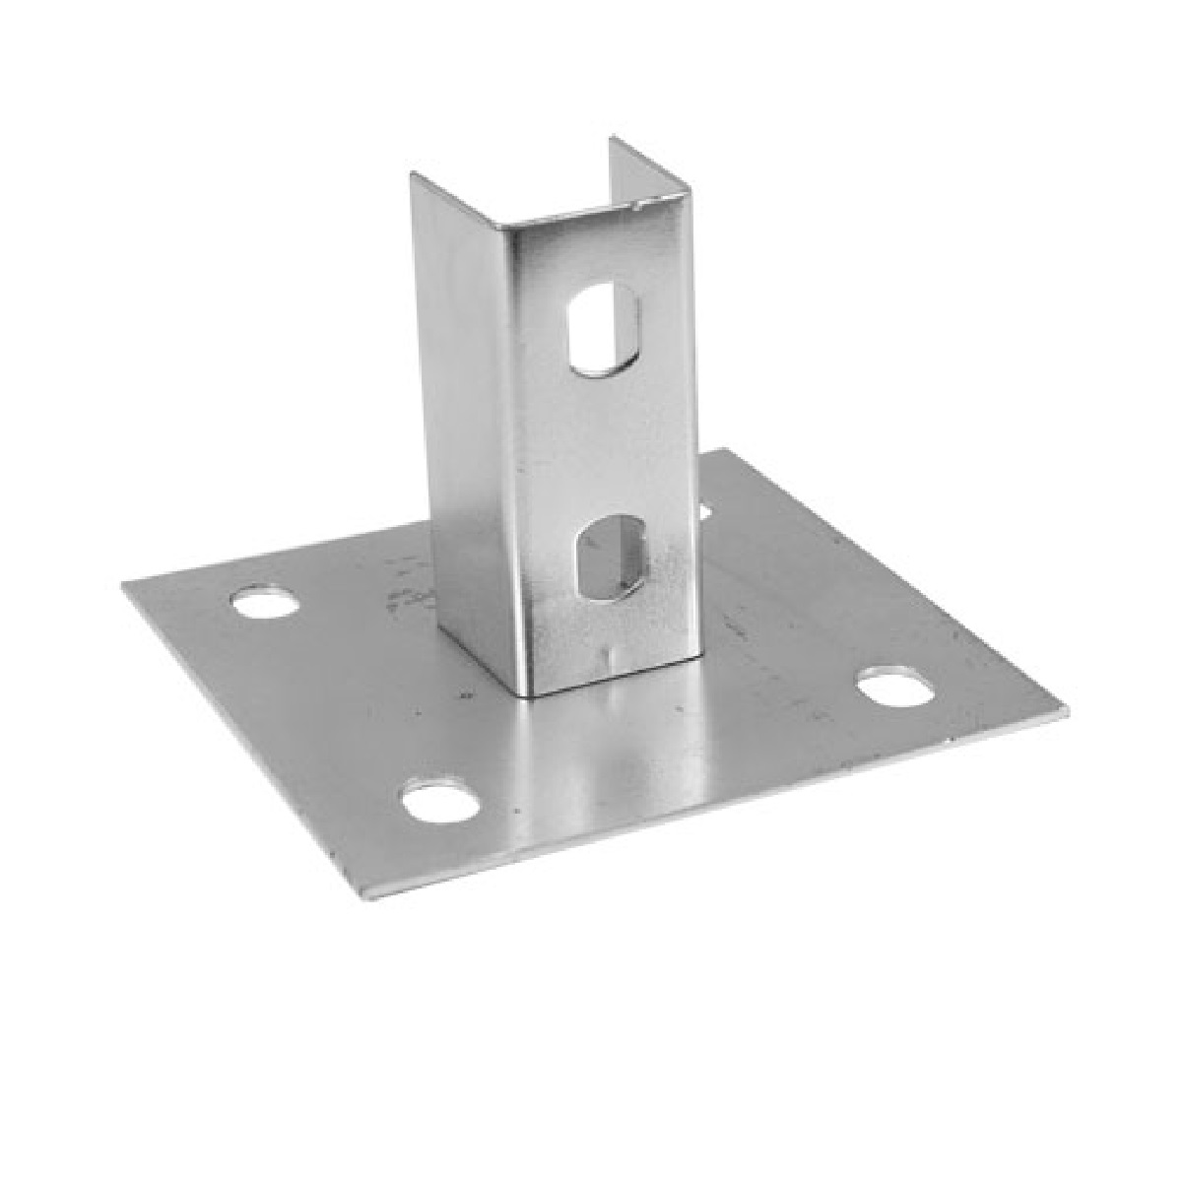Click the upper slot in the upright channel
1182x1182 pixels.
(x=603, y=330)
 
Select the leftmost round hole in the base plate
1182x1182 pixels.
(x=266, y=601)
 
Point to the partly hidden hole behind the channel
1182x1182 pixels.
(x=705, y=510)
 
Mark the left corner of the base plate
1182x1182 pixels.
(x=124, y=585)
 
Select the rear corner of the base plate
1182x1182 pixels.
(x=727, y=451)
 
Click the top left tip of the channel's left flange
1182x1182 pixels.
(x=414, y=174)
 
